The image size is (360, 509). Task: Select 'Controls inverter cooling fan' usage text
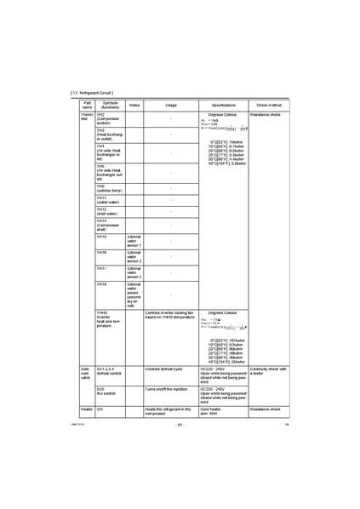click(x=170, y=316)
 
